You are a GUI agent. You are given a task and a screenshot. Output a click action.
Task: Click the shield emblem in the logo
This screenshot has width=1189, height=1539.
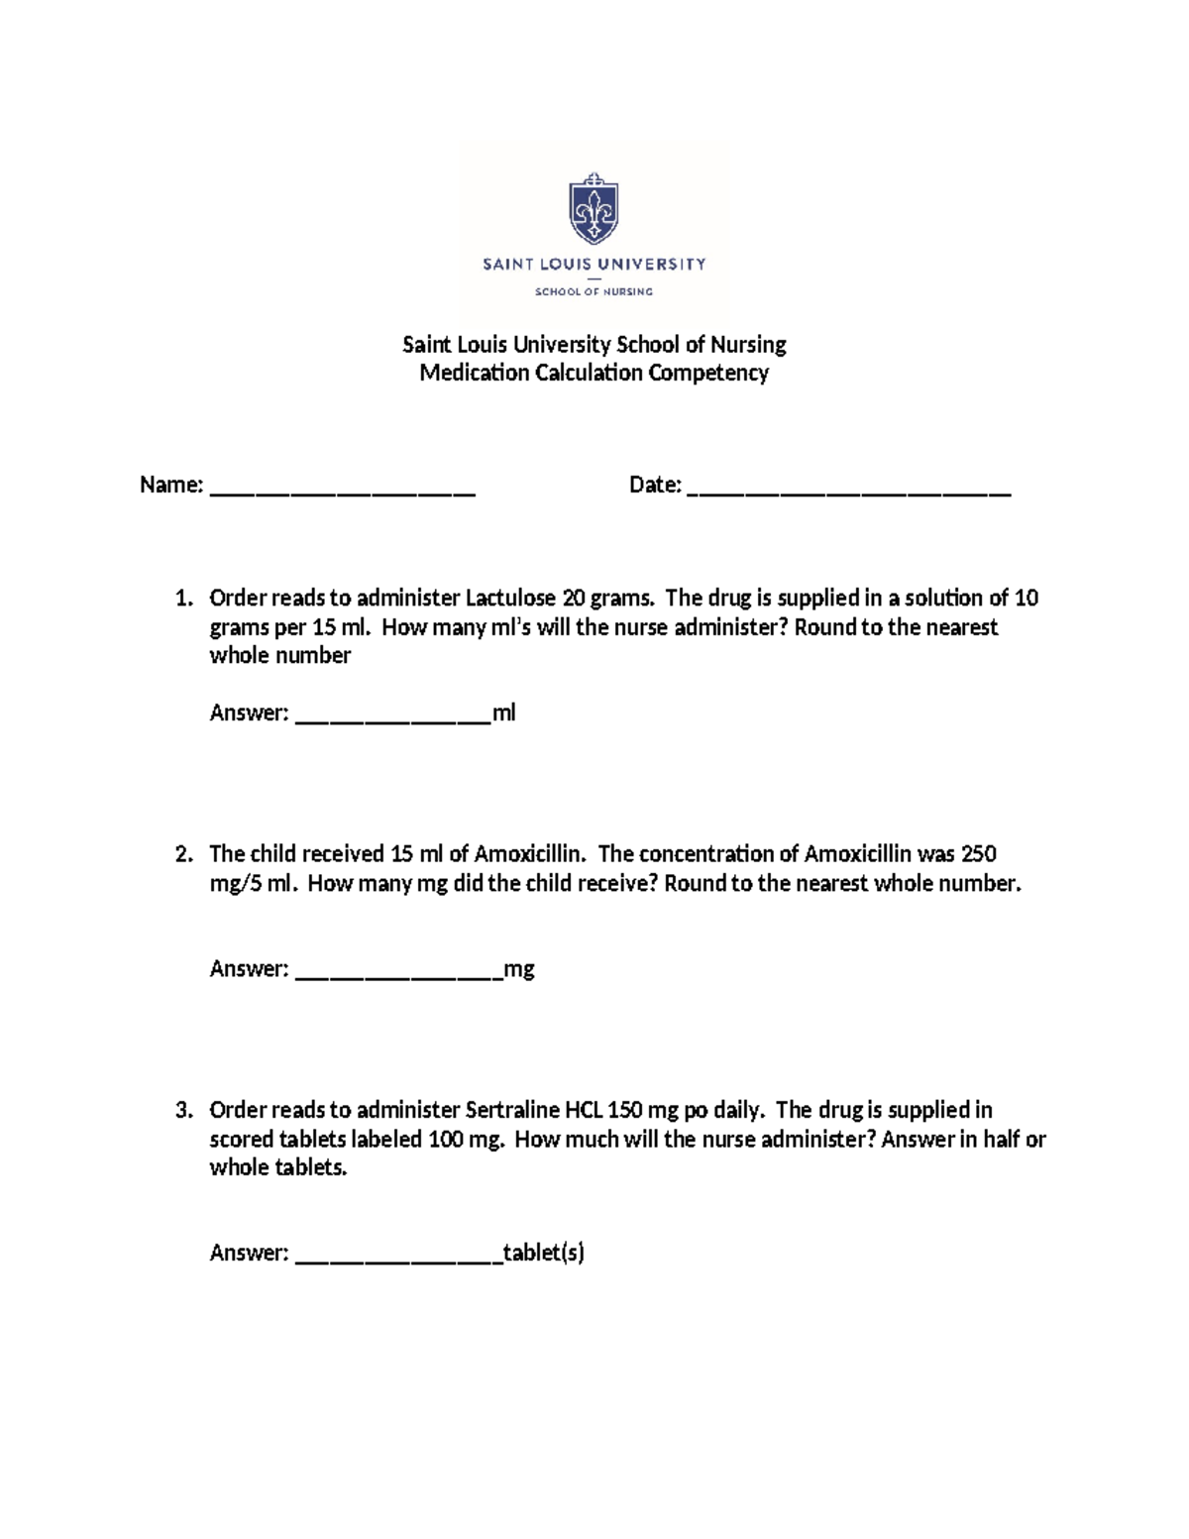point(594,209)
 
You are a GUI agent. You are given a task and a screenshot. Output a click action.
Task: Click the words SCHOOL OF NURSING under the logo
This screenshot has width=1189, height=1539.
point(594,291)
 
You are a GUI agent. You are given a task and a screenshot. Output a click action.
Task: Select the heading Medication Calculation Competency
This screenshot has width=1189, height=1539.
point(594,373)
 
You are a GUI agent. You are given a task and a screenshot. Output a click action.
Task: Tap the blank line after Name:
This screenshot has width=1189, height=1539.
point(343,489)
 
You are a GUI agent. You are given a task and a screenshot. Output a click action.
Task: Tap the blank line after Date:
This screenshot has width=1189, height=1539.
point(848,489)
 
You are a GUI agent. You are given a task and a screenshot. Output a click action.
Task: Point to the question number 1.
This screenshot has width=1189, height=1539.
point(182,598)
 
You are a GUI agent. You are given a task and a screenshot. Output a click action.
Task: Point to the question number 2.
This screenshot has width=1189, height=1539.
point(182,853)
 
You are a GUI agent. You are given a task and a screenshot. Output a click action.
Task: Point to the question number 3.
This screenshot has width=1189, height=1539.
point(182,1110)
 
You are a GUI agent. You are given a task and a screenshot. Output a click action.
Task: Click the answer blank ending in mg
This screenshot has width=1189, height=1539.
point(399,972)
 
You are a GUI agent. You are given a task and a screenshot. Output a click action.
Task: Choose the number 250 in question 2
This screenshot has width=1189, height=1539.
point(978,853)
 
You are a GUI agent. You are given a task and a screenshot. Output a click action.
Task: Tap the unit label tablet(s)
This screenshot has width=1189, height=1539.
point(544,1253)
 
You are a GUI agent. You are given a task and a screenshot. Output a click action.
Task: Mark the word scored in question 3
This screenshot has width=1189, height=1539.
point(242,1139)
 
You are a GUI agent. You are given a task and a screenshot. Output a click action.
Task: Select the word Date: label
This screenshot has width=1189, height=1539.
point(655,485)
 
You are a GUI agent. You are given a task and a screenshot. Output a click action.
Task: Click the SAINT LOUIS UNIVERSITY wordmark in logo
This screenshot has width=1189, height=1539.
point(594,265)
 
